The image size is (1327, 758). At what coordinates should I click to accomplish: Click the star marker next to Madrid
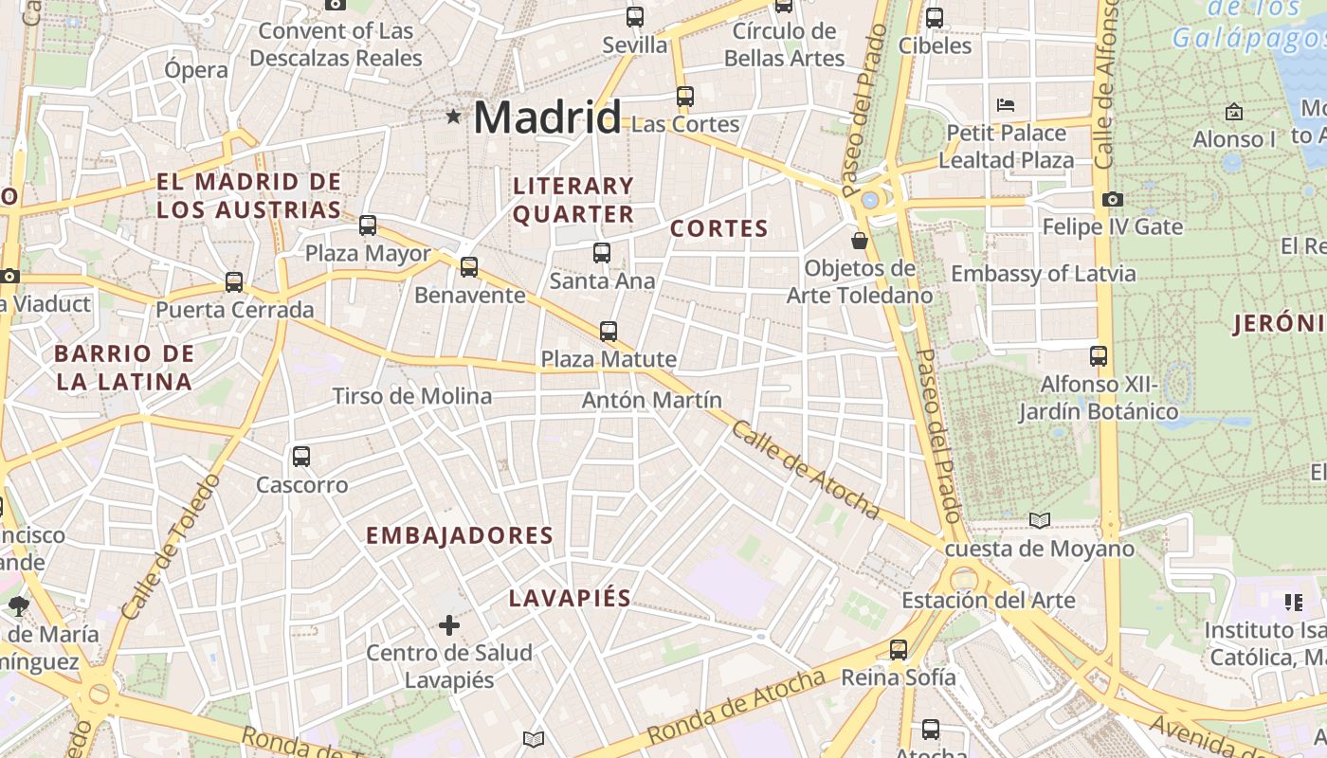[x=454, y=117]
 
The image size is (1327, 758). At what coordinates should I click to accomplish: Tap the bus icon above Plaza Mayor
[x=368, y=226]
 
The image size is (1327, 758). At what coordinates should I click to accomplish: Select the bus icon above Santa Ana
[x=602, y=253]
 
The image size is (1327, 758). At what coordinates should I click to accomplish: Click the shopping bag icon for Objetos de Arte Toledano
[x=860, y=241]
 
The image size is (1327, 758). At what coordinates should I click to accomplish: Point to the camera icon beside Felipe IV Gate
[x=1113, y=199]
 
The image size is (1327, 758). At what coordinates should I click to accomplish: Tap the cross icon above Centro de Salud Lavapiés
[x=449, y=625]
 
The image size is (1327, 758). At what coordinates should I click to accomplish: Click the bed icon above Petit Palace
[x=1006, y=104]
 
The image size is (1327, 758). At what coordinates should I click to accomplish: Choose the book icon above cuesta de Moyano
[x=1040, y=520]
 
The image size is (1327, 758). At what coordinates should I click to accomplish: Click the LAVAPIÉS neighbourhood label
[x=570, y=599]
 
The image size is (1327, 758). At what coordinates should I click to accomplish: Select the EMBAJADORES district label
[x=460, y=536]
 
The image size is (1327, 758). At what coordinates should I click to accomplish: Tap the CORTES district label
[x=718, y=228]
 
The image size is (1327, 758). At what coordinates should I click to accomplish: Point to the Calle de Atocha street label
[x=805, y=470]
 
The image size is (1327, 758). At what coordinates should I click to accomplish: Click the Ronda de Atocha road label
[x=736, y=707]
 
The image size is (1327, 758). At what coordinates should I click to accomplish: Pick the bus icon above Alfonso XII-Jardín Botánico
[x=1099, y=356]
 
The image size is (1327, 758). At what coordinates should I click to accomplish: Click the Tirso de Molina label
[x=412, y=396]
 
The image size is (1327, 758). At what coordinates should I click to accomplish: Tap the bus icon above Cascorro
[x=301, y=457]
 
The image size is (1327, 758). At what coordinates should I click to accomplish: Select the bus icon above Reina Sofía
[x=899, y=650]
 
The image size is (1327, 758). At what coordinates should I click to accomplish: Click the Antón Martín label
[x=652, y=400]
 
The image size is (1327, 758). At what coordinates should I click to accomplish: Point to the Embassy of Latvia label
[x=1043, y=274]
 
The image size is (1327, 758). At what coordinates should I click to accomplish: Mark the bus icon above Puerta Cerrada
[x=234, y=282]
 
